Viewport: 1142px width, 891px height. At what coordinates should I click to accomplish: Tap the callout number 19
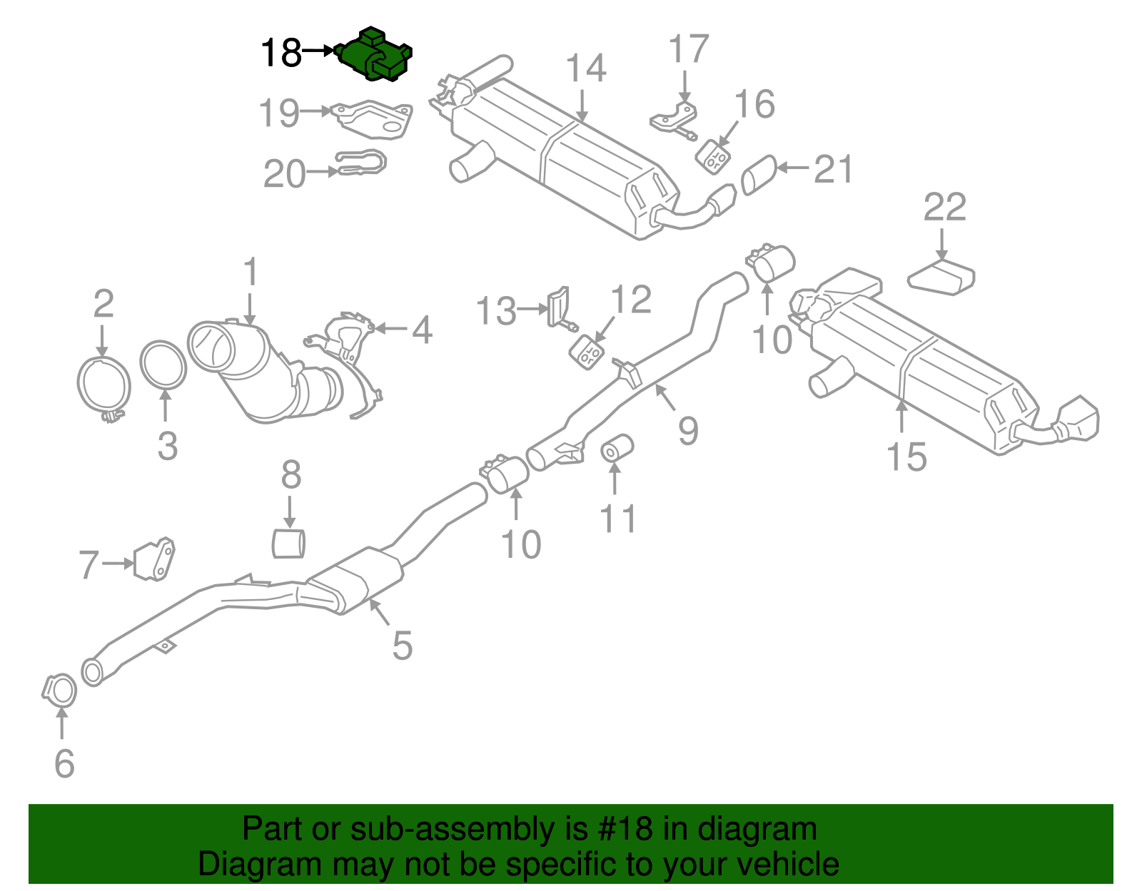coord(279,113)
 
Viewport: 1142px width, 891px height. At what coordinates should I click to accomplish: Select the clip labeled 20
coord(362,163)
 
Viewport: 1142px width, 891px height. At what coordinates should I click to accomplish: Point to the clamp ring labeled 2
coord(103,385)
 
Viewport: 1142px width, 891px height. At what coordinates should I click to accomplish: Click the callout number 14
coord(586,70)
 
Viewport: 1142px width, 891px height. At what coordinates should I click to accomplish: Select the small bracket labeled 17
coord(675,118)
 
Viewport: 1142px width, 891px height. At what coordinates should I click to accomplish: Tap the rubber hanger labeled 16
coord(713,156)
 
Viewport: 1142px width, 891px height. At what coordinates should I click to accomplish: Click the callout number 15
coord(906,457)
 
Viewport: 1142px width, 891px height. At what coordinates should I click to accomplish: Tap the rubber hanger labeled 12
coord(587,352)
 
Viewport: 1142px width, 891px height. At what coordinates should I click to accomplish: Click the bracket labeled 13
coord(558,307)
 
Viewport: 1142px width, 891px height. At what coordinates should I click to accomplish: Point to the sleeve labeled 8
coord(289,542)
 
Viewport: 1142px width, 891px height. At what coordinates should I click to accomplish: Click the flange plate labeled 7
coord(154,559)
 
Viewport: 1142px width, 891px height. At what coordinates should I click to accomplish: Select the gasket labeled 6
coord(60,691)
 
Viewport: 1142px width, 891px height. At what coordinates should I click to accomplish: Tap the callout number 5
coord(402,646)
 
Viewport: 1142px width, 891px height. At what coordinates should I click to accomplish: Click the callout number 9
coord(687,431)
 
